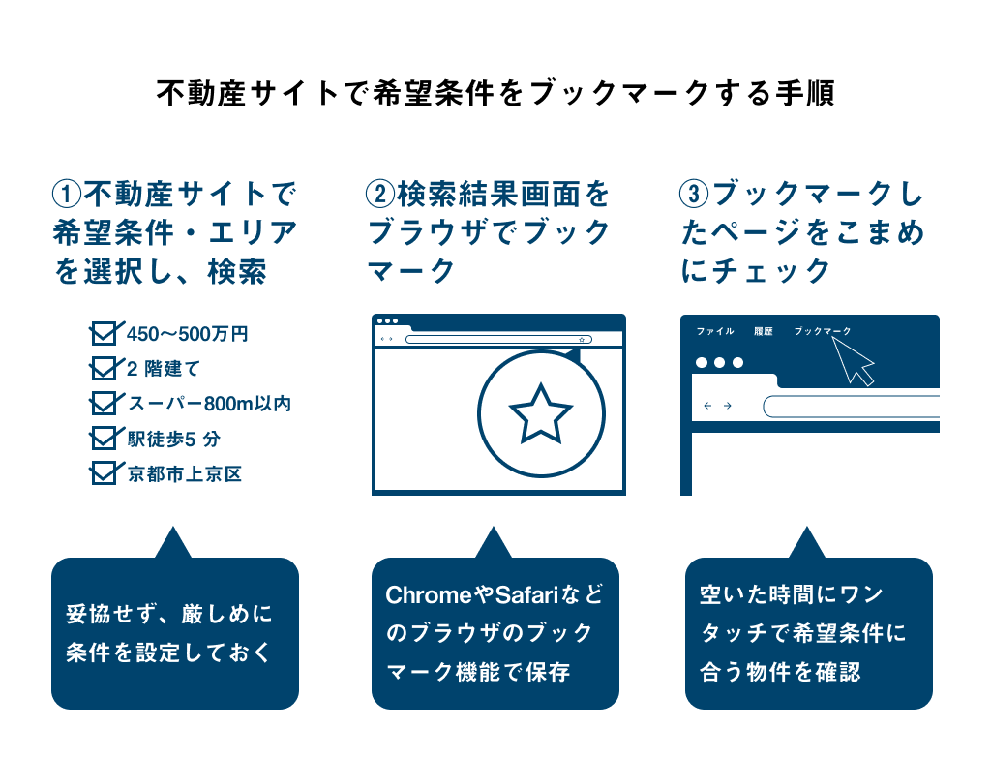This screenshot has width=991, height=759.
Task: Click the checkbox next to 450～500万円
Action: (x=103, y=333)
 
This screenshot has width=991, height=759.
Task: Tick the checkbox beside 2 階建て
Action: (x=103, y=368)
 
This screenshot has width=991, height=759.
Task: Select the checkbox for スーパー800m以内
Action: (x=103, y=403)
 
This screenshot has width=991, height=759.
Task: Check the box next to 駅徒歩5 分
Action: (x=103, y=438)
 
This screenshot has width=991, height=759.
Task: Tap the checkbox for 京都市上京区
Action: (x=103, y=473)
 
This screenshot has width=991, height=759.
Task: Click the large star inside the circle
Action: (x=540, y=413)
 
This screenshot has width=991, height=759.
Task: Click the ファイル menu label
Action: (x=715, y=331)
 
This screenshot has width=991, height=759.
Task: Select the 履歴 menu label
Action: (x=764, y=331)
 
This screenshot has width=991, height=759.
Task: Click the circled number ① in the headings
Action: (x=67, y=195)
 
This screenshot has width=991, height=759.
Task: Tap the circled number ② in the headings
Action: (x=379, y=195)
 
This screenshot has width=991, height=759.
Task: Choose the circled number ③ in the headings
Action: (x=694, y=195)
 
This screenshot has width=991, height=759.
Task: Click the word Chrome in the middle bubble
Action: (x=429, y=595)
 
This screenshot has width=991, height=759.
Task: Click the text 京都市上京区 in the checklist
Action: (x=185, y=473)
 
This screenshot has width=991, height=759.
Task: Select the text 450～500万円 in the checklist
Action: (x=187, y=334)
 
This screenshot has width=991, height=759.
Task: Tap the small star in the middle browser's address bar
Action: (x=582, y=340)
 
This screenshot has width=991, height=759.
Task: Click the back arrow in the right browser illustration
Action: (x=707, y=406)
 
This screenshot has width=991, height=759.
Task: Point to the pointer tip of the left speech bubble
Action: (x=172, y=527)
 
